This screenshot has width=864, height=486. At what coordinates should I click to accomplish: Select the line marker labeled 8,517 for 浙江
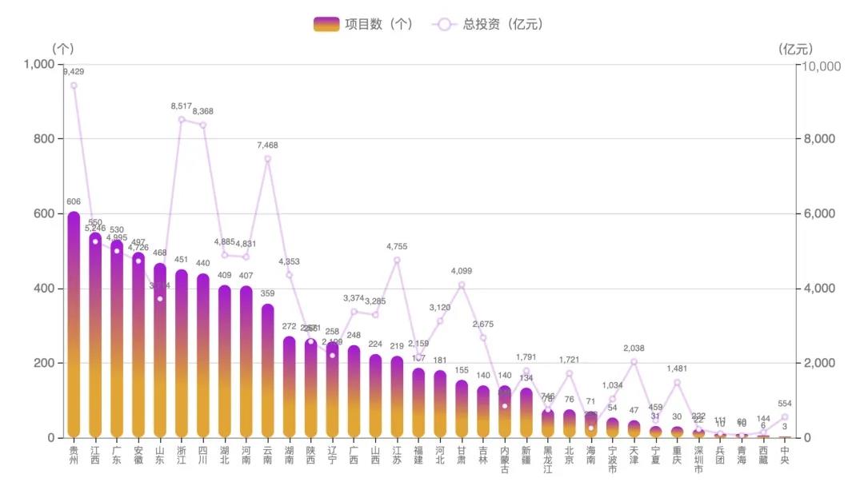[x=182, y=120]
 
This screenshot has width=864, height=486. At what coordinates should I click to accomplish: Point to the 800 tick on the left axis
[x=40, y=139]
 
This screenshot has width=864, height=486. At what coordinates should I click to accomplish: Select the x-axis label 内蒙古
[x=505, y=459]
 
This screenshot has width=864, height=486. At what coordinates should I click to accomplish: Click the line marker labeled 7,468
[x=268, y=158]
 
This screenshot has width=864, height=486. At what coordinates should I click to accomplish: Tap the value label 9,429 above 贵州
[x=74, y=72]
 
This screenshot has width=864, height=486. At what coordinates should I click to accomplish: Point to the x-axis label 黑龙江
[x=548, y=459]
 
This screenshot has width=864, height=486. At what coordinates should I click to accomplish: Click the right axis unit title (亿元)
[x=795, y=49]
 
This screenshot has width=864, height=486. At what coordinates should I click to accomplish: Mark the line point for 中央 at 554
[x=785, y=417]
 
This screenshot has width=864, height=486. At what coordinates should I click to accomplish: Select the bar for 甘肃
[x=462, y=408]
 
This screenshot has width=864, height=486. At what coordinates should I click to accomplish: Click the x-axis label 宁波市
[x=613, y=459]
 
